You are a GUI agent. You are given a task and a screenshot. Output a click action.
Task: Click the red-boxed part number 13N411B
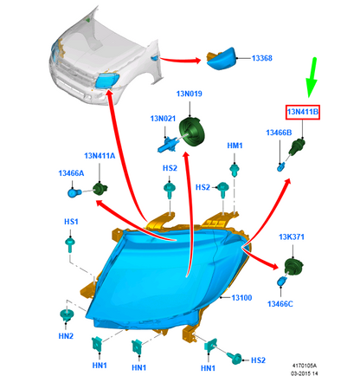coord(303,112)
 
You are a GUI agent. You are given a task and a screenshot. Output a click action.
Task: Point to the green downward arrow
coord(312,78)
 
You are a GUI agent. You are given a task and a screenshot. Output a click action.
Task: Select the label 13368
coord(262,58)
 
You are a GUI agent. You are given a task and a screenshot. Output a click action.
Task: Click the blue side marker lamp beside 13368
coord(222,59)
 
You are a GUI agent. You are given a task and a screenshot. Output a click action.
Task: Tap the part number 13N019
coord(190,94)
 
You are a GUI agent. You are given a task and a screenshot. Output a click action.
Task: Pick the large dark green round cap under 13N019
coord(192,131)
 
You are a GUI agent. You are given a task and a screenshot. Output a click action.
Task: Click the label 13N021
coord(163,119)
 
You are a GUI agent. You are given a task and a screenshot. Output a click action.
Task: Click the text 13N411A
coord(100,156)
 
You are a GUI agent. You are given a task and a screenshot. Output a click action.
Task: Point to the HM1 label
coord(235,146)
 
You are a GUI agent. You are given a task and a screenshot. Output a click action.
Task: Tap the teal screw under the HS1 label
coord(70,244)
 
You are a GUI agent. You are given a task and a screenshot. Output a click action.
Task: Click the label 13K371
coord(292,237)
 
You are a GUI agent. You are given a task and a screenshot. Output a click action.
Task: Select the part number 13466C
coord(280,304)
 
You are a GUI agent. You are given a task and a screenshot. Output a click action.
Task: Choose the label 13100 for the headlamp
coord(241,298)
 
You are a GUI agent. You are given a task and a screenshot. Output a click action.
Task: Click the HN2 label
coord(66,336)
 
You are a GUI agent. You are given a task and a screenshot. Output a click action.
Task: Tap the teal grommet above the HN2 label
coord(67,314)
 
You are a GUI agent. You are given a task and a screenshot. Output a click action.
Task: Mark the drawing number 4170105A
coord(305,366)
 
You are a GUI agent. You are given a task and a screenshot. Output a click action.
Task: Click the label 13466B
coord(279,133)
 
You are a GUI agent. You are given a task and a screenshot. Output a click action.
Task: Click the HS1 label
coord(71,222)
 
